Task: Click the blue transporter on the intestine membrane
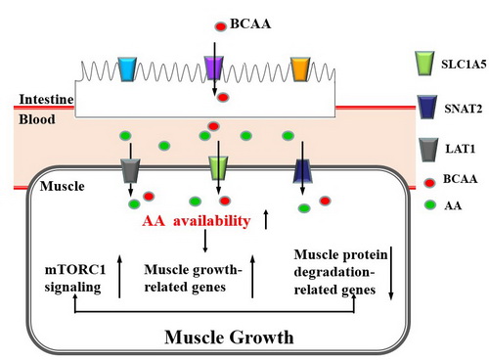127,69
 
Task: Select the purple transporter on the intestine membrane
214,67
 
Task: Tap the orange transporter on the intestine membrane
300,69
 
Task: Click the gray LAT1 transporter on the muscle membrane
130,170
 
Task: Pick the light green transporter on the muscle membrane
218,168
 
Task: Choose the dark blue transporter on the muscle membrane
303,171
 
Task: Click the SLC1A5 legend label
464,65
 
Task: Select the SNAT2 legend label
463,109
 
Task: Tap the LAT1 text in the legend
461,149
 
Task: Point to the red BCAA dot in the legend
430,183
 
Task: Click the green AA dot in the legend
430,204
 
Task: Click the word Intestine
46,99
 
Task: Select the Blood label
37,119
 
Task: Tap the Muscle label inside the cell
62,186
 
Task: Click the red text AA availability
197,221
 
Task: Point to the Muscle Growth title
229,337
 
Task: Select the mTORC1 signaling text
75,278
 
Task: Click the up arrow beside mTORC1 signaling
119,276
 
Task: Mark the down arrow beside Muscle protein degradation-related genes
391,273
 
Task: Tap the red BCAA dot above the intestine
221,26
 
